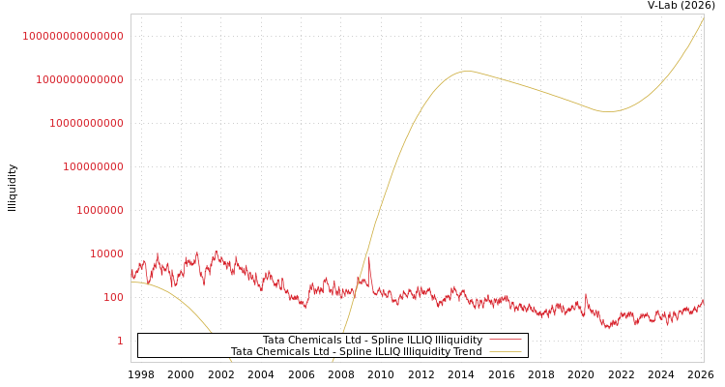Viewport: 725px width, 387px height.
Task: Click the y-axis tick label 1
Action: coord(120,341)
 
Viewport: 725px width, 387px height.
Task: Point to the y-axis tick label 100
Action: coord(113,297)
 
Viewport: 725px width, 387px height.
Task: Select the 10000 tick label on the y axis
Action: coord(106,253)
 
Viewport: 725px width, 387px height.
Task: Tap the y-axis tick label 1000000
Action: coord(100,210)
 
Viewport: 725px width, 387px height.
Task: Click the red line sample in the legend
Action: coord(505,341)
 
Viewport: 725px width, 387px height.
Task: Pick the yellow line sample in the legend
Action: coord(505,352)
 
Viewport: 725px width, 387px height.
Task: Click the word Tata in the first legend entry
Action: coord(275,341)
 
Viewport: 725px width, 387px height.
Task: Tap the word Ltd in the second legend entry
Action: coord(329,352)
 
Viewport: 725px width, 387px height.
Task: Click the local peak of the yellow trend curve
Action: coord(468,71)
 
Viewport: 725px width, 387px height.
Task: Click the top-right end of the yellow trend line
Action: coord(704,16)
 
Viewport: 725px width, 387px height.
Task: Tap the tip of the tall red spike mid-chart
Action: coord(368,256)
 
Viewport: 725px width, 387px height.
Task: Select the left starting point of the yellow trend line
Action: coord(131,282)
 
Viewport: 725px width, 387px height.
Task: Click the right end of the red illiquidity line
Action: coord(704,300)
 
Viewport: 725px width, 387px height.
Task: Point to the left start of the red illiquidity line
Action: coord(131,273)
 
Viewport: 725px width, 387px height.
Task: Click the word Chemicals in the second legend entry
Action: coord(286,352)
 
